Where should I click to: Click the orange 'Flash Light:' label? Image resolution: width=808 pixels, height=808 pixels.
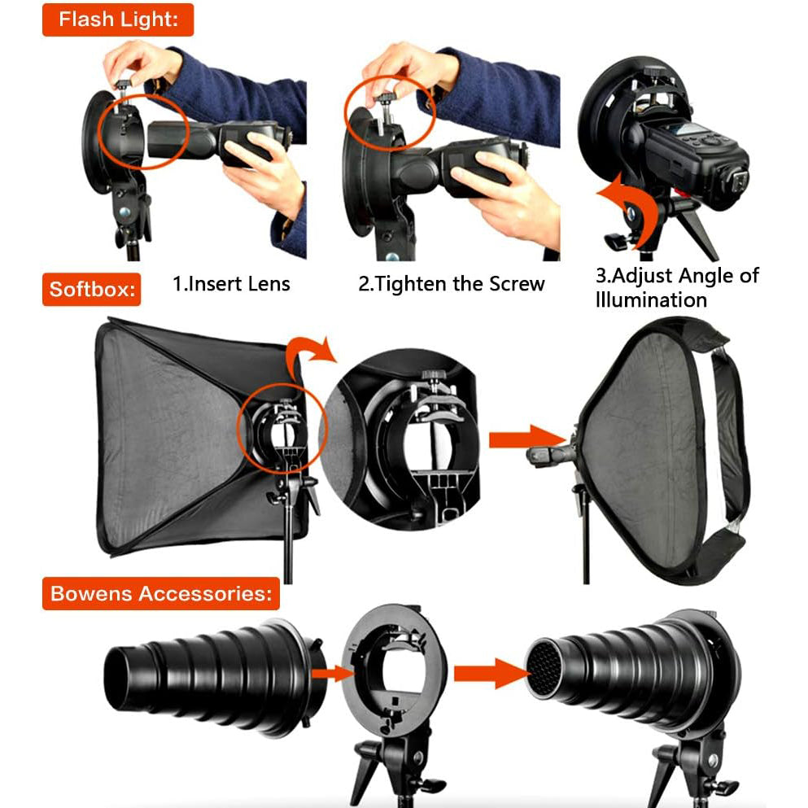pyautogui.click(x=118, y=20)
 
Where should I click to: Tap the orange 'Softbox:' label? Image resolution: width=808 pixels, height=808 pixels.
pyautogui.click(x=92, y=289)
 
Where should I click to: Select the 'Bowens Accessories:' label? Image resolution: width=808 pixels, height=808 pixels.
pyautogui.click(x=161, y=593)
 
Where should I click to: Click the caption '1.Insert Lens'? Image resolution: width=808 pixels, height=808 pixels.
pyautogui.click(x=231, y=284)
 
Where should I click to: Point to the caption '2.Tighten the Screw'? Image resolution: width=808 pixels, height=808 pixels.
pyautogui.click(x=452, y=284)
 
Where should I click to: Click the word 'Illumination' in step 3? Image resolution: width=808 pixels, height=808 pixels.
pyautogui.click(x=651, y=300)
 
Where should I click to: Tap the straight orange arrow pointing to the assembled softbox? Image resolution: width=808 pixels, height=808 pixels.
pyautogui.click(x=526, y=438)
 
